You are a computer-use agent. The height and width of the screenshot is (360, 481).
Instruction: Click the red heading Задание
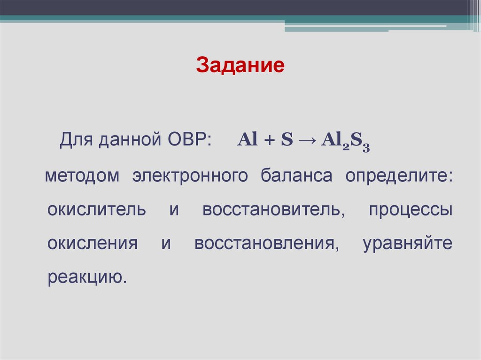tap(240, 65)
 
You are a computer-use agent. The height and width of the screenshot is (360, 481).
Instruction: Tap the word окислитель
tap(97, 210)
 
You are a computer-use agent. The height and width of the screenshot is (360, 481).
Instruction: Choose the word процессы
tap(410, 211)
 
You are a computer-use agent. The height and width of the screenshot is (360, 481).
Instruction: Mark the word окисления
tap(93, 244)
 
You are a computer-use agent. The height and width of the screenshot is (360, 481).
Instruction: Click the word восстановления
tap(266, 244)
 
